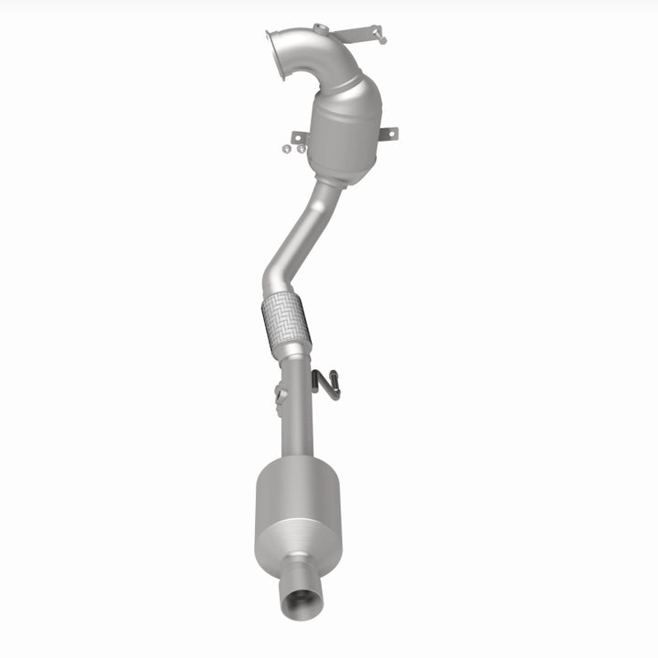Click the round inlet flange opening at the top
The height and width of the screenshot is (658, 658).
pos(275,45)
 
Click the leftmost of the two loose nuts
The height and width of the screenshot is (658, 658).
pos(286,148)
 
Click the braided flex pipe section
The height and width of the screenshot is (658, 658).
pos(284,322)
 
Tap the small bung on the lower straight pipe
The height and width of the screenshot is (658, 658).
pos(280,396)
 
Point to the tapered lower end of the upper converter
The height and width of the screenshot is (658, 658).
pos(329,172)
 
